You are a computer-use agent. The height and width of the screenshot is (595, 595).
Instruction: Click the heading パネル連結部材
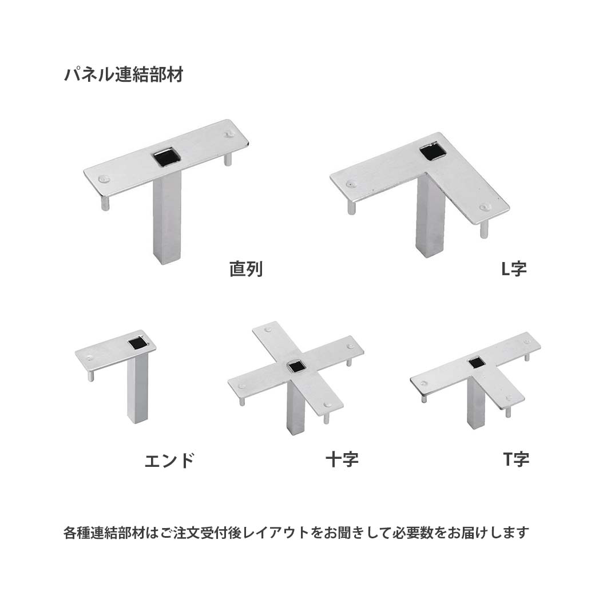coord(124,75)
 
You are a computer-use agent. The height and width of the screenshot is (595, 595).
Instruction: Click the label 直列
coord(246,268)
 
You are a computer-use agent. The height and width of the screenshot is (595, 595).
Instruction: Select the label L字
coord(514,268)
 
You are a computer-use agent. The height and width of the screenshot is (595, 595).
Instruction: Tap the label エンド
coord(169,461)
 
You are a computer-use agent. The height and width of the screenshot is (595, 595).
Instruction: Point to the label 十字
coord(342,459)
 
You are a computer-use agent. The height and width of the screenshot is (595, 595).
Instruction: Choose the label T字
coord(516,459)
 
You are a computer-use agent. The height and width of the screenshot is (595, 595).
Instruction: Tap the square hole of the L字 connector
coord(431,152)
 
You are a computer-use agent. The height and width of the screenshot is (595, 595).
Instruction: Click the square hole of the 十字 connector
coord(296,366)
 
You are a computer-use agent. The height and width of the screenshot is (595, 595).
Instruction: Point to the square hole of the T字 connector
coord(475,362)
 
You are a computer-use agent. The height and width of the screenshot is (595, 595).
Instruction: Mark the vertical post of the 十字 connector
coord(295,409)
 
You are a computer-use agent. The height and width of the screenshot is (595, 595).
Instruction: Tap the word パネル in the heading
coord(83,75)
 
